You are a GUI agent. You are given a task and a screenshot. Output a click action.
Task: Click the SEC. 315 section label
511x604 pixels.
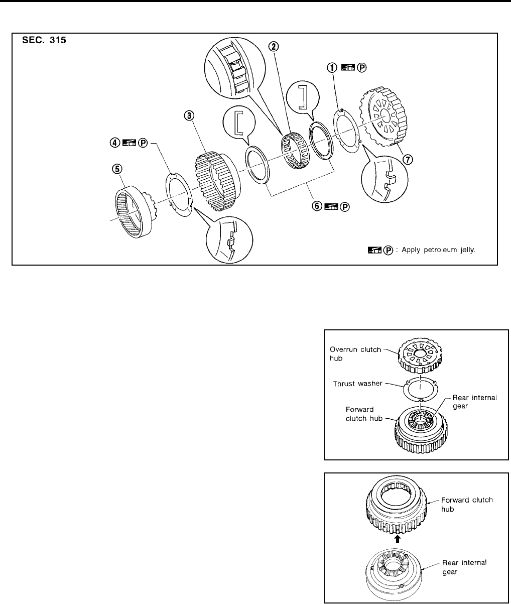[x=45, y=41]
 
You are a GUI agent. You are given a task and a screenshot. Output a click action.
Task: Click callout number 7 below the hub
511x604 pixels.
[x=409, y=160]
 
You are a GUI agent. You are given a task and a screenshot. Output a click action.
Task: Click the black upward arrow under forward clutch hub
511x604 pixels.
[x=398, y=538]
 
